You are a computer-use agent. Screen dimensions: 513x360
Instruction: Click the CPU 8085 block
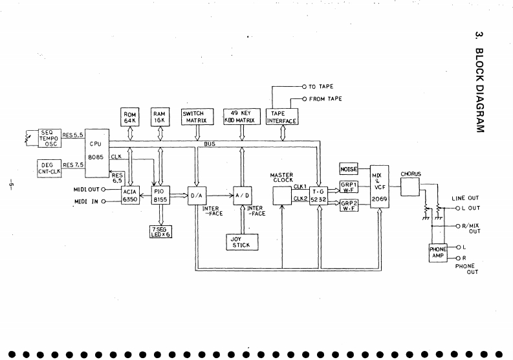[97, 153]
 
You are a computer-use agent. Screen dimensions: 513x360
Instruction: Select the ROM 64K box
[129, 117]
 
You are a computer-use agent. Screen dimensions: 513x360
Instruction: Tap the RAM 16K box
[160, 117]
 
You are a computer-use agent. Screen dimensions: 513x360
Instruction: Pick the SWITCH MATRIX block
[197, 117]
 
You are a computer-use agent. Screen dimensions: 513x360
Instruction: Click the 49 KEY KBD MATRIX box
[242, 117]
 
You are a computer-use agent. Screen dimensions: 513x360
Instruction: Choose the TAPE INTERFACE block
[281, 117]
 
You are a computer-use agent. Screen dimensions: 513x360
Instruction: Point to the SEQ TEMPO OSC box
[49, 138]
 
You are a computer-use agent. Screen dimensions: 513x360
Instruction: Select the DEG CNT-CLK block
[49, 168]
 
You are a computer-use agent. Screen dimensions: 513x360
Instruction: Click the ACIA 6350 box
[130, 196]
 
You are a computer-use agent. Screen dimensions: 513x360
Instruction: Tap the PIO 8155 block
[160, 196]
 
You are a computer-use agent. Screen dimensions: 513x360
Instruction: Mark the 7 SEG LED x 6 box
[160, 232]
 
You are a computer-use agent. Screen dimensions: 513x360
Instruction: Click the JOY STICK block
[242, 242]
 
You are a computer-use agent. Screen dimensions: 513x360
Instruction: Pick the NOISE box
[349, 169]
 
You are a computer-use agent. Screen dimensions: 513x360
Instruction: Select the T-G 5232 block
[318, 196]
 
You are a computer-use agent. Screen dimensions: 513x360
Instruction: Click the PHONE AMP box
[438, 253]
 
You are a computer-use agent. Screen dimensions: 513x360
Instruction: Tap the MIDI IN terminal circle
[104, 201]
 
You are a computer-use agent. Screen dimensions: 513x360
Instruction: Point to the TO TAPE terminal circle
[304, 87]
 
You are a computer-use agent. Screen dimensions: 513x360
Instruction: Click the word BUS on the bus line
[210, 144]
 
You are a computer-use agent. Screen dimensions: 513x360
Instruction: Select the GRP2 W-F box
[349, 205]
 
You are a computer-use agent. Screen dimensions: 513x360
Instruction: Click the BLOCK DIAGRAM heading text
[479, 91]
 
